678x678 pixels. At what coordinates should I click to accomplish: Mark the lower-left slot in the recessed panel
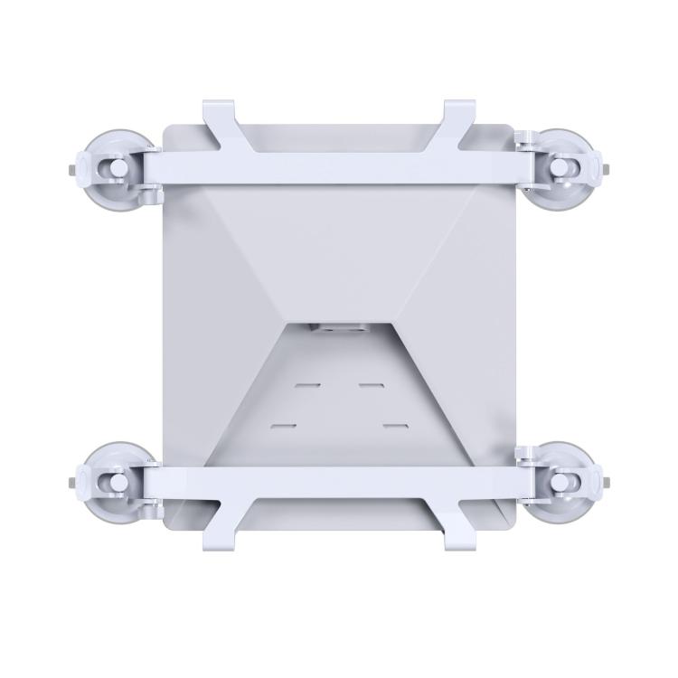[284, 424]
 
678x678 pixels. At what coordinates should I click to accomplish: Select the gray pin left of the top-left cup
[71, 169]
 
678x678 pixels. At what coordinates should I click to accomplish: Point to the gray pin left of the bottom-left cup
[71, 481]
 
